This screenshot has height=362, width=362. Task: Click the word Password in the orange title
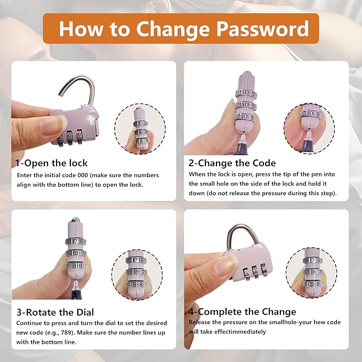[x=262, y=29]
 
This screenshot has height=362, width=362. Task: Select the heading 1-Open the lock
[x=51, y=163]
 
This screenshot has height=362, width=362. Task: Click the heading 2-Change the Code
[x=232, y=163]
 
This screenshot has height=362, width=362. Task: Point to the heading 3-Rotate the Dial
[x=55, y=312]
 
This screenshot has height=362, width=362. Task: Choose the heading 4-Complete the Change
[x=242, y=312]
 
